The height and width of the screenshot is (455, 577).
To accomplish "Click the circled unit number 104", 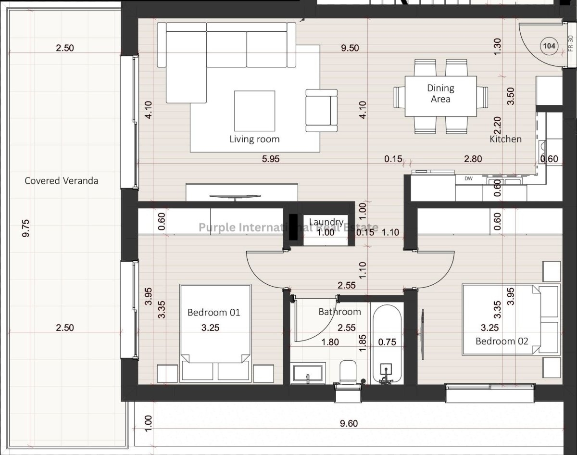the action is (549, 46).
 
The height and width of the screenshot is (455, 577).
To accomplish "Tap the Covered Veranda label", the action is (62, 181).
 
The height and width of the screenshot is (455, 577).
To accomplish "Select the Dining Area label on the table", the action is (440, 93).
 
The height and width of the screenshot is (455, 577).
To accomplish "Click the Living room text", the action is (254, 139).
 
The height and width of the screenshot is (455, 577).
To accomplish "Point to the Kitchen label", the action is (505, 139).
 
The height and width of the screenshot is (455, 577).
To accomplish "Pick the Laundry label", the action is (326, 222).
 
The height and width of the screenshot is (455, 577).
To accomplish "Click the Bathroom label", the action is (340, 312).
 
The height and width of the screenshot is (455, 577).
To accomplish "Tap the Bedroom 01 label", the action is (213, 312).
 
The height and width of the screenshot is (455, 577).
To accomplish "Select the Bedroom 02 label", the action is (502, 341).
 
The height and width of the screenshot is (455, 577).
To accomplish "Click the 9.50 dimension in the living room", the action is (350, 48).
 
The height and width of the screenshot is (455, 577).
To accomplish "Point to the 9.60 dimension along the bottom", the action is (349, 423).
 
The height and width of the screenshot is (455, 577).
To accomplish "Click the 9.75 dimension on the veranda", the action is (26, 228).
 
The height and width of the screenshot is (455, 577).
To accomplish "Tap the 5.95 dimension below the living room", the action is (271, 159).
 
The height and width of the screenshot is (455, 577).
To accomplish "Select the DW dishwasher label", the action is (468, 178).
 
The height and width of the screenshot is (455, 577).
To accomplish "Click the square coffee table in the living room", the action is (254, 111).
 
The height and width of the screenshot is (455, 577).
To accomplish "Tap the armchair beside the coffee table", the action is (322, 111).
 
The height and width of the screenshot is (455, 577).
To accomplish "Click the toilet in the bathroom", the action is (348, 372).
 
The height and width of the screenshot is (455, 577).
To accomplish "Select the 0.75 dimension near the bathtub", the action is (387, 342).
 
